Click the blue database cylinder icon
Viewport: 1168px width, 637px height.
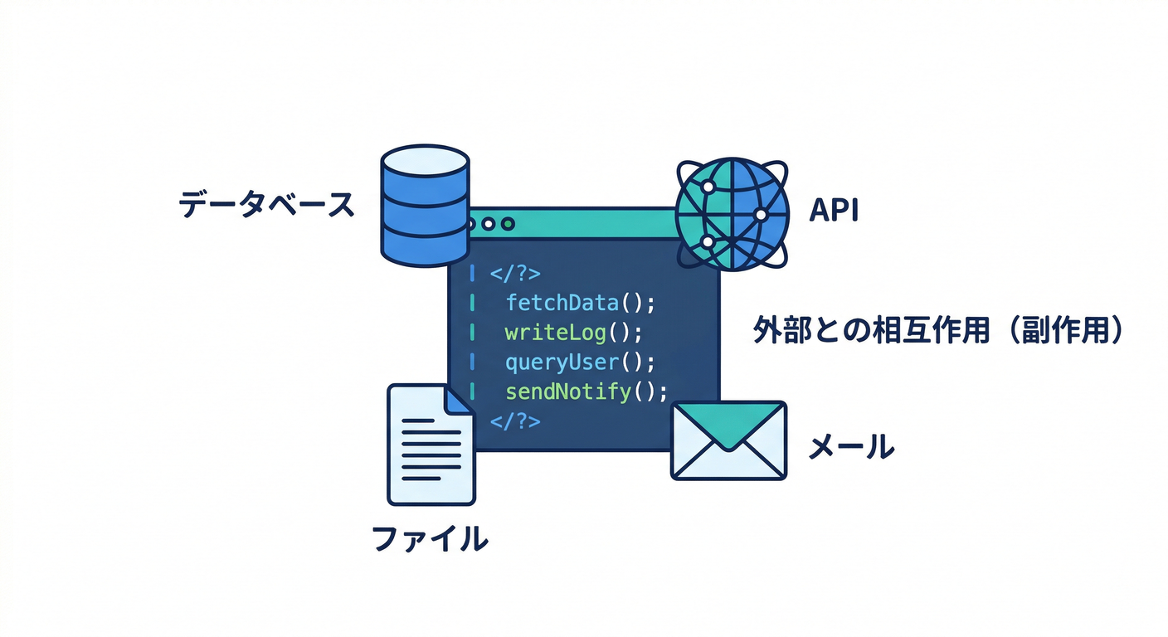(x=425, y=206)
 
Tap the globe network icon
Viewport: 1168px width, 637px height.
(x=732, y=214)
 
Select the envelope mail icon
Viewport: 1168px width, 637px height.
(x=728, y=440)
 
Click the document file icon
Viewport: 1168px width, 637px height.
(x=431, y=445)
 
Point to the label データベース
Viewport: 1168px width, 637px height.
(x=266, y=204)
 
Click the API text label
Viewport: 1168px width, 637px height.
(x=834, y=211)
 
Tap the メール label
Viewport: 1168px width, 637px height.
(x=851, y=447)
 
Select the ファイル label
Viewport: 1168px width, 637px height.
(x=430, y=538)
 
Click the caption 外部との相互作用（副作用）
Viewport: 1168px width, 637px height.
(x=938, y=330)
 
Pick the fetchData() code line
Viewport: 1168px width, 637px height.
(x=581, y=303)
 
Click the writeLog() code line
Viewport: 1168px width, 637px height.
(x=573, y=333)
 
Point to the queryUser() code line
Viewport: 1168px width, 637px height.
(x=580, y=362)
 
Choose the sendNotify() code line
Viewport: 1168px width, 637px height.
(x=586, y=391)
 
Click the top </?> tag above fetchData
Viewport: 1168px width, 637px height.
(x=515, y=273)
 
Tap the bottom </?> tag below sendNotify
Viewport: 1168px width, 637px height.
(x=515, y=421)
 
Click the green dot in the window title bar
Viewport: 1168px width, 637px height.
(x=508, y=224)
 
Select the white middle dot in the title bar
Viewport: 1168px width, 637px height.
(x=488, y=224)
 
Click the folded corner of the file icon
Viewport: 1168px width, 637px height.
(x=459, y=401)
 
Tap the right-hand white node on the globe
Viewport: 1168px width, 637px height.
(x=762, y=214)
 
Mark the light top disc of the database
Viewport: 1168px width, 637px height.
(x=425, y=161)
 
